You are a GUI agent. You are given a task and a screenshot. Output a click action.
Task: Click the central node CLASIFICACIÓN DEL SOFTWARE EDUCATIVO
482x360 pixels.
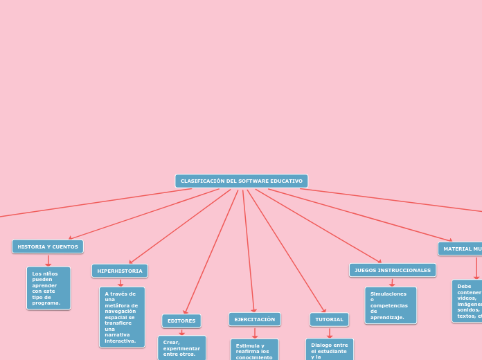241,181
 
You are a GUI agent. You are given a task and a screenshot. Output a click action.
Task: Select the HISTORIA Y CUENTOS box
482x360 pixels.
48,246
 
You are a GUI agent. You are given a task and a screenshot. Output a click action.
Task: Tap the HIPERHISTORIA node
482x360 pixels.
120,271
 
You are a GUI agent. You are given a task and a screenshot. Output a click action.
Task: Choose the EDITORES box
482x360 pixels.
181,321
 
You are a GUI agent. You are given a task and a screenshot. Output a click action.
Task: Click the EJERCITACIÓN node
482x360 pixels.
255,319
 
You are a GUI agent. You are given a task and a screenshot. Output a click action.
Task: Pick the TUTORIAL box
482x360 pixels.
329,319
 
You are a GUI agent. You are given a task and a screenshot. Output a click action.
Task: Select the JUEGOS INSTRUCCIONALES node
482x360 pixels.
393,270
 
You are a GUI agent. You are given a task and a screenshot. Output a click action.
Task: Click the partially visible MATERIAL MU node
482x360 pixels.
461,249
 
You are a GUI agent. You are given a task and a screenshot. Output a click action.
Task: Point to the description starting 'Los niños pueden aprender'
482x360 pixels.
48,288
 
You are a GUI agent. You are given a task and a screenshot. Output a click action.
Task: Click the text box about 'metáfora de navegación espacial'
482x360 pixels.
122,317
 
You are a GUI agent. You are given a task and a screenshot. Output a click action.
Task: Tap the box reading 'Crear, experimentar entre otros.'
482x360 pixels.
181,348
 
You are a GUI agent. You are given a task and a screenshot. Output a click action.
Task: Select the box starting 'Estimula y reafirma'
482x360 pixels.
254,350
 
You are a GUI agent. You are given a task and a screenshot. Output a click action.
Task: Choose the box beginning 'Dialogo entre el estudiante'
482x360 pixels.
330,350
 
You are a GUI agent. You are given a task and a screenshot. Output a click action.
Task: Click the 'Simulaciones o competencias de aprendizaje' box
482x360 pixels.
391,305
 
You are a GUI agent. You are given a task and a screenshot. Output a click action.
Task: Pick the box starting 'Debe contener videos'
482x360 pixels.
468,300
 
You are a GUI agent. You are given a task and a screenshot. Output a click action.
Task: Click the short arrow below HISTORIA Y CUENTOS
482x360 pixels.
48,260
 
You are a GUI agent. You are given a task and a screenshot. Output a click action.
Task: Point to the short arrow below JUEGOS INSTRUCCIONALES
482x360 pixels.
392,282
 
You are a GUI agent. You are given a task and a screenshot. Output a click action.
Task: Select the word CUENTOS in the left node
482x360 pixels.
64,246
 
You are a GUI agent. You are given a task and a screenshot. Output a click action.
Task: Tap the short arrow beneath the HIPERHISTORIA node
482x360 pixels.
120,282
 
